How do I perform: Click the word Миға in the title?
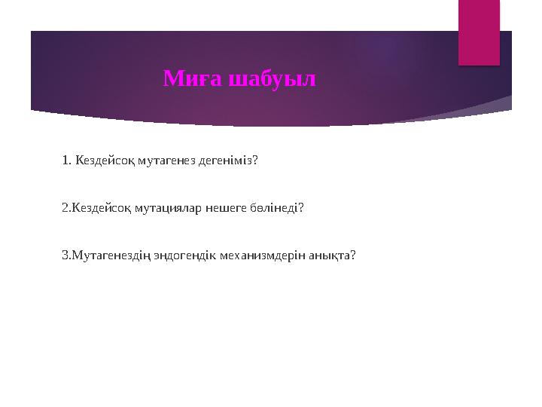[x=187, y=78]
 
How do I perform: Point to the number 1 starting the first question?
[x=65, y=160]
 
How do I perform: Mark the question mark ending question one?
[x=256, y=160]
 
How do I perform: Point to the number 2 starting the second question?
[x=65, y=207]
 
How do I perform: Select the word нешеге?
[x=221, y=207]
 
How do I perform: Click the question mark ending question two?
[x=301, y=207]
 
